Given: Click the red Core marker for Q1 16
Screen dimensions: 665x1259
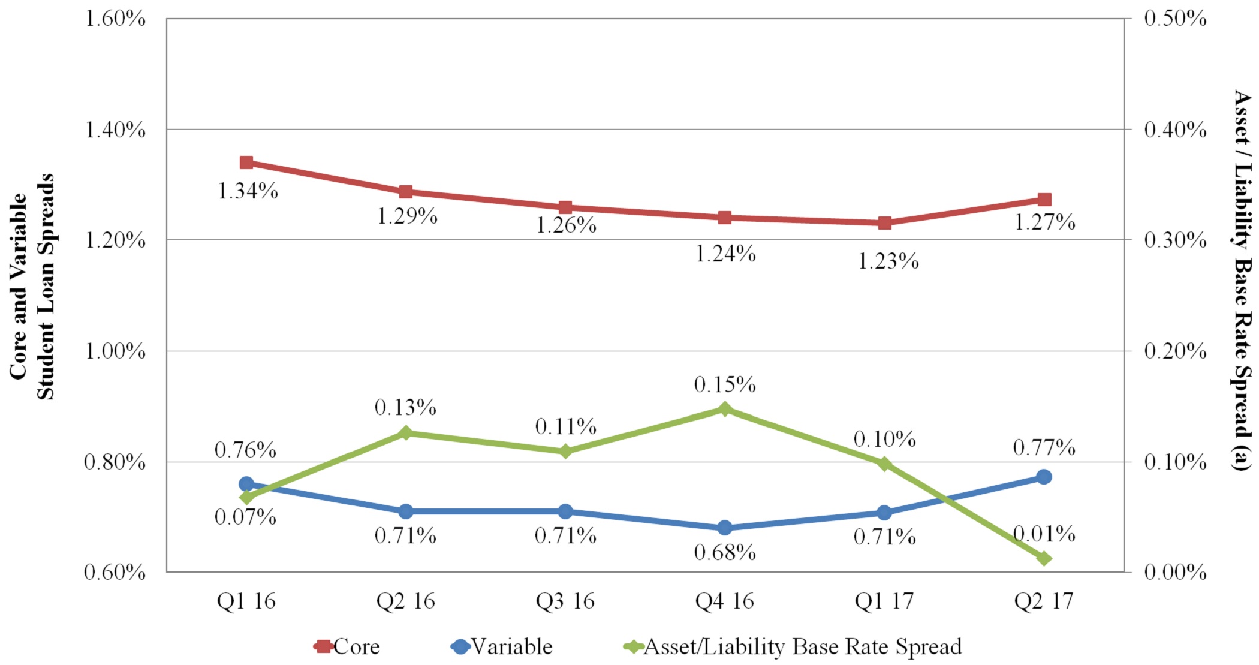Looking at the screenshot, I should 246,163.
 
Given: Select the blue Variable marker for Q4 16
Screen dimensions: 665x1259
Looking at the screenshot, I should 725,528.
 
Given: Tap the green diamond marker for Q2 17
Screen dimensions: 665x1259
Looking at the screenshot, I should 1044,558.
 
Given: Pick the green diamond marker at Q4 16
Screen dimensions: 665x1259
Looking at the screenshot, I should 725,410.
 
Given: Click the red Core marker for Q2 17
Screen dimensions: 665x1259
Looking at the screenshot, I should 1044,200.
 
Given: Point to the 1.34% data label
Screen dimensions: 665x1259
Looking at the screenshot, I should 248,191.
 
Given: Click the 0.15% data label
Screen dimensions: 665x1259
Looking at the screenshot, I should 725,384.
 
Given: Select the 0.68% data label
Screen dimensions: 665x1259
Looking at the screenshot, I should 725,552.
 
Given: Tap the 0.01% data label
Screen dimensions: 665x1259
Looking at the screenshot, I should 1044,533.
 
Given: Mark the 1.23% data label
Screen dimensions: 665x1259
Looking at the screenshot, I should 888,261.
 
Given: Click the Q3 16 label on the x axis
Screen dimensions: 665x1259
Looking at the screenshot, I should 565,601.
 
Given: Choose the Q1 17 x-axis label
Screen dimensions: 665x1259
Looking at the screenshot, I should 884,601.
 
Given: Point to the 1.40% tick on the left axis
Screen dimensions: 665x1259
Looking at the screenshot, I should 115,130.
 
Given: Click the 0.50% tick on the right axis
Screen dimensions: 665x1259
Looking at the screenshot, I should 1175,19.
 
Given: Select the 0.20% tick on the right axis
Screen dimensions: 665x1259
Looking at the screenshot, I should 1175,351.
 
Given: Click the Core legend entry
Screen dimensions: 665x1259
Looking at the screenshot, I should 348,646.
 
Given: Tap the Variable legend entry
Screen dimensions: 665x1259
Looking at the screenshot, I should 502,646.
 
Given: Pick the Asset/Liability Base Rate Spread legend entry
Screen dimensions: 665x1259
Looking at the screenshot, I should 793,646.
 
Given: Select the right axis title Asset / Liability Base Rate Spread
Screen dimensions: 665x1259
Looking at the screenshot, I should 1242,281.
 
